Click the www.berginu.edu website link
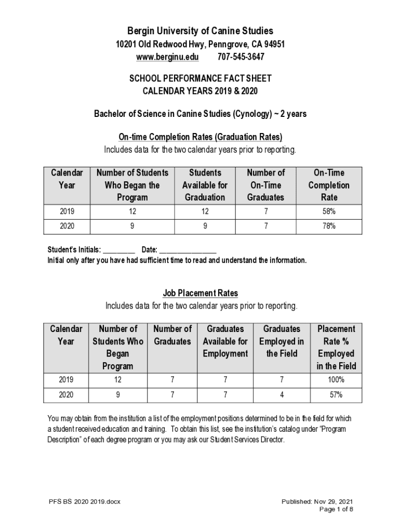pos(167,57)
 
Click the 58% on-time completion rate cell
pos(329,211)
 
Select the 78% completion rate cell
pos(329,226)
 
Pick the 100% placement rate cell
pos(336,380)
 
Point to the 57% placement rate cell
pos(336,395)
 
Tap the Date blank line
pos(188,250)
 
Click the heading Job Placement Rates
pos(201,294)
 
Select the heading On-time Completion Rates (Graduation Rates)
pos(201,137)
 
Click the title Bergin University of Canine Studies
pos(201,31)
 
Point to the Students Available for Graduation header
pos(205,185)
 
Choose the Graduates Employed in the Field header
pos(282,341)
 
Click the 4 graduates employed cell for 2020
pos(282,395)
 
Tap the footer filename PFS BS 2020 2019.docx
pos(84,502)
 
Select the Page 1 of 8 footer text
pos(336,509)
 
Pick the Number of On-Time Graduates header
pos(265,185)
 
